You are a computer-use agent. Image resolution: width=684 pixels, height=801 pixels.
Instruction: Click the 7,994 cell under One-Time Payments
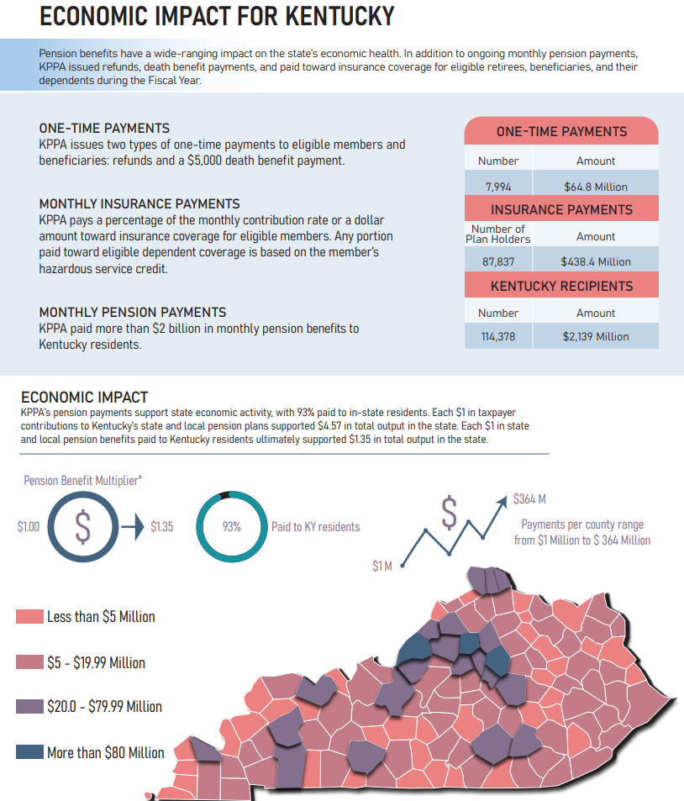click(498, 187)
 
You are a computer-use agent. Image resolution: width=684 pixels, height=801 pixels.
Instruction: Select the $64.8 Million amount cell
click(595, 187)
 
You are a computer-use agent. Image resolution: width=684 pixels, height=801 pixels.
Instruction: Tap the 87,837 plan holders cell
click(498, 261)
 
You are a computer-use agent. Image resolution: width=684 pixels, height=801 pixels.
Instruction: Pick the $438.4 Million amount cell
click(595, 261)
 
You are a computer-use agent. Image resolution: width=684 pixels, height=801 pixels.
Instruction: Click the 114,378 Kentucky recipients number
click(498, 336)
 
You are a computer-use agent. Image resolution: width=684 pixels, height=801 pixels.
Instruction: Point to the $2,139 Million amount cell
click(595, 336)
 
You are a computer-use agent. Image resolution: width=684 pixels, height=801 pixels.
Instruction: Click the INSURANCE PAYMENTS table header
click(561, 209)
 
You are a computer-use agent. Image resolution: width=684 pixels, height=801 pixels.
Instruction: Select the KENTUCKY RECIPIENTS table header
click(561, 286)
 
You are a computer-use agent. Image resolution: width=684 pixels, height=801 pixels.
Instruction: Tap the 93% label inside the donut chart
click(232, 527)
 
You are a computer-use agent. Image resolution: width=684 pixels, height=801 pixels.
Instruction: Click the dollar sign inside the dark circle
click(82, 526)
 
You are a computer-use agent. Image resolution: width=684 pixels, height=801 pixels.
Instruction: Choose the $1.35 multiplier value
click(162, 527)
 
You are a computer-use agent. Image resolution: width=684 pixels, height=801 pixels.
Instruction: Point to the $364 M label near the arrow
click(529, 499)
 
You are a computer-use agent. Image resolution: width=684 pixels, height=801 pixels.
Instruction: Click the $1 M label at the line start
click(382, 566)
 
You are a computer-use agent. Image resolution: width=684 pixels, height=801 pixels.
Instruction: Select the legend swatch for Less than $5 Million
click(29, 617)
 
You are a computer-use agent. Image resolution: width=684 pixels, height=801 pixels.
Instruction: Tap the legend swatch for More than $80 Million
click(29, 752)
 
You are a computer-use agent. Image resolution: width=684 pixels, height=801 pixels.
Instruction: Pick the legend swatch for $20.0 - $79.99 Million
click(29, 707)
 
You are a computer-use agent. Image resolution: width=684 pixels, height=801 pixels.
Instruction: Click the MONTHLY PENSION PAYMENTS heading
click(132, 313)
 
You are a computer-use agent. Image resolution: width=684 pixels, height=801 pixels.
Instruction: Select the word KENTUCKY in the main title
click(334, 16)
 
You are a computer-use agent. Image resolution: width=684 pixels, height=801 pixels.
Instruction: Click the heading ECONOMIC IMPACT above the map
click(84, 397)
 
